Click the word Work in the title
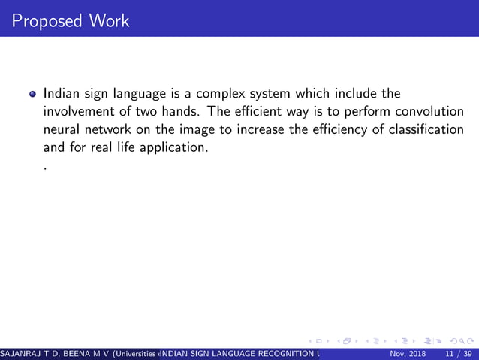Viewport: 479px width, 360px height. tap(110, 20)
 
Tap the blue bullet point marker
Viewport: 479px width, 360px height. tap(32, 95)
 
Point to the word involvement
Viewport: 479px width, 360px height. tap(79, 112)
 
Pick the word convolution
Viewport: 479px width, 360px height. tap(429, 112)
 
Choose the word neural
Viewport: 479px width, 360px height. tap(62, 129)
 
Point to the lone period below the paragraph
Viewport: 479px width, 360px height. tap(45, 170)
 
